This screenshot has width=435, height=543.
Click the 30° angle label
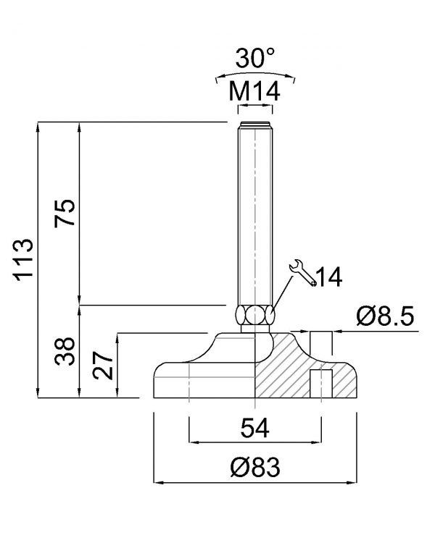pyautogui.click(x=255, y=58)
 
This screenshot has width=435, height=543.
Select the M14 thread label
pyautogui.click(x=254, y=92)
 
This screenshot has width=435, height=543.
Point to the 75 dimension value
pyautogui.click(x=65, y=213)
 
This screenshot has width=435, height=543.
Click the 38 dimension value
pyautogui.click(x=65, y=351)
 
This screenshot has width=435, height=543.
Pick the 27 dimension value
pyautogui.click(x=103, y=366)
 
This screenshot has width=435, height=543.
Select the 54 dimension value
pyautogui.click(x=255, y=428)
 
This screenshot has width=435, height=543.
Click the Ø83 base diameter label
pyautogui.click(x=255, y=467)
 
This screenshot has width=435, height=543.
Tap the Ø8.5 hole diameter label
pyautogui.click(x=385, y=316)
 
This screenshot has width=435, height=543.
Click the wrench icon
pyautogui.click(x=302, y=272)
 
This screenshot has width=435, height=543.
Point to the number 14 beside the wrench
pyautogui.click(x=330, y=277)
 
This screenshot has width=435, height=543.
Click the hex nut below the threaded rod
pyautogui.click(x=255, y=314)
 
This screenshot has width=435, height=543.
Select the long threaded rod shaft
pyautogui.click(x=255, y=213)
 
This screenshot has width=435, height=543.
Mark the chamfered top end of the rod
pyautogui.click(x=255, y=125)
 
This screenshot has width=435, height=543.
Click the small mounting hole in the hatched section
pyautogui.click(x=321, y=384)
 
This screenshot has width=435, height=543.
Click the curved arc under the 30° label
pyautogui.click(x=255, y=74)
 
